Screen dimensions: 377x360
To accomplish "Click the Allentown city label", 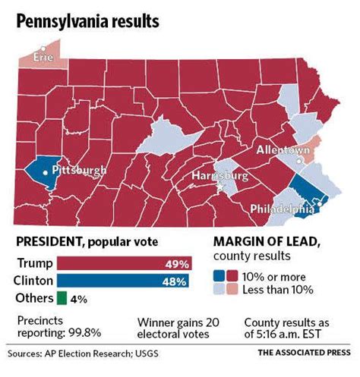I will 283,151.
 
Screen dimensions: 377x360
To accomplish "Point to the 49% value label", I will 177,264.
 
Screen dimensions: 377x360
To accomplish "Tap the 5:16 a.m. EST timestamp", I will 293,331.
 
